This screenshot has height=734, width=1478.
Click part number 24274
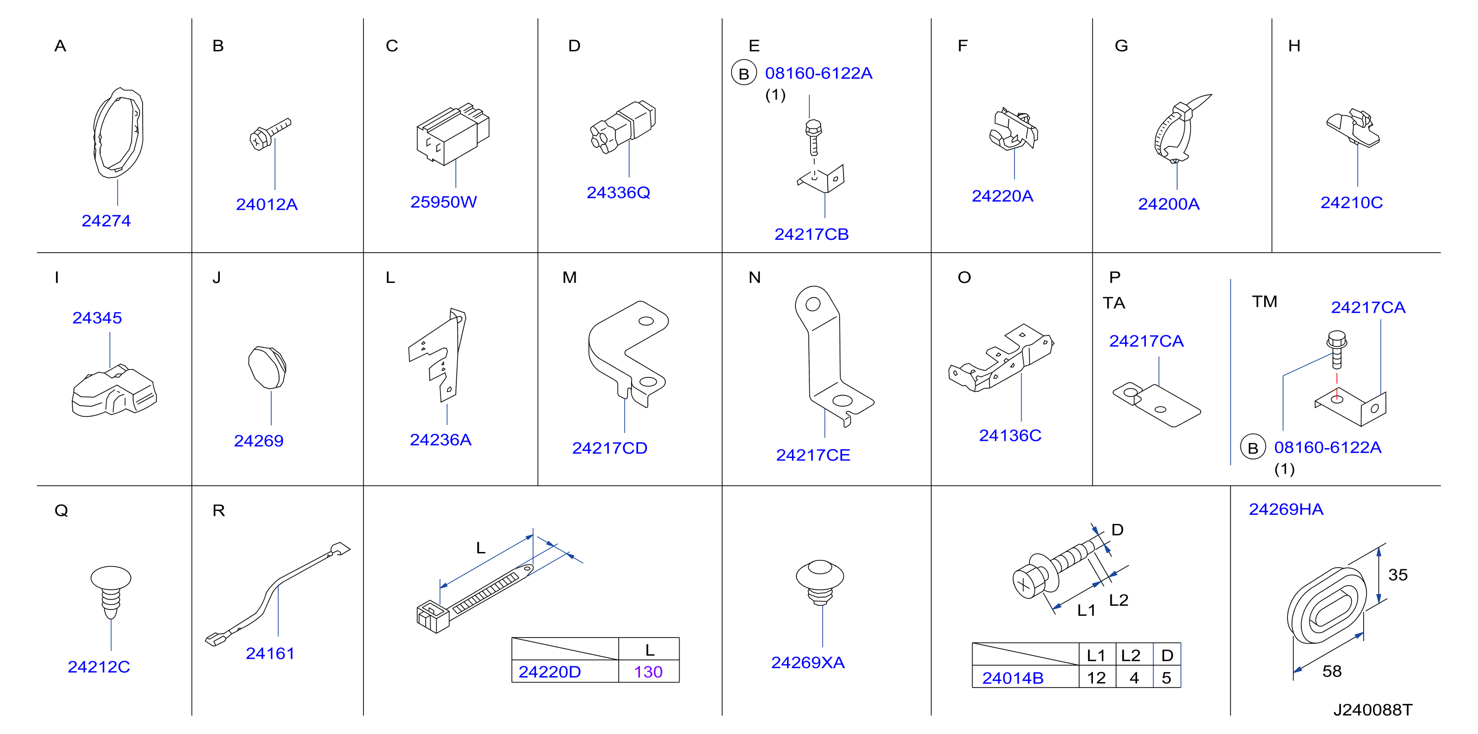pyautogui.click(x=106, y=221)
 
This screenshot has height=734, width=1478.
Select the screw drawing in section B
pyautogui.click(x=270, y=134)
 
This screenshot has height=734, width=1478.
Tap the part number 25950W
pyautogui.click(x=443, y=202)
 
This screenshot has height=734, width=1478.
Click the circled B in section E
pyautogui.click(x=743, y=73)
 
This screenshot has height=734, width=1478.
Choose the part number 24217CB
pyautogui.click(x=811, y=234)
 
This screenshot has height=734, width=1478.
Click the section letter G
pyautogui.click(x=1121, y=46)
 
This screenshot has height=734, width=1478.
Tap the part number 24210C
pyautogui.click(x=1352, y=202)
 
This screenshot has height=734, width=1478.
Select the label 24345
pyautogui.click(x=97, y=318)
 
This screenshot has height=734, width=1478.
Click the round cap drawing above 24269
pyautogui.click(x=267, y=367)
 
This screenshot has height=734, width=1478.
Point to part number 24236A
pyautogui.click(x=441, y=440)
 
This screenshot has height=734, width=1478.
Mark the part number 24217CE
pyautogui.click(x=813, y=456)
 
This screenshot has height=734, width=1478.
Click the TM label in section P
pyautogui.click(x=1265, y=302)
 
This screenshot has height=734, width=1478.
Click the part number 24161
pyautogui.click(x=270, y=654)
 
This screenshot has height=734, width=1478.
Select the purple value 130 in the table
pyautogui.click(x=648, y=672)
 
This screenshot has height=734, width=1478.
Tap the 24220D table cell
pyautogui.click(x=549, y=672)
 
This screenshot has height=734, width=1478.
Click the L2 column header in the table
pyautogui.click(x=1131, y=655)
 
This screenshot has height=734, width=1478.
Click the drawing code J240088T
pyautogui.click(x=1373, y=710)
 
